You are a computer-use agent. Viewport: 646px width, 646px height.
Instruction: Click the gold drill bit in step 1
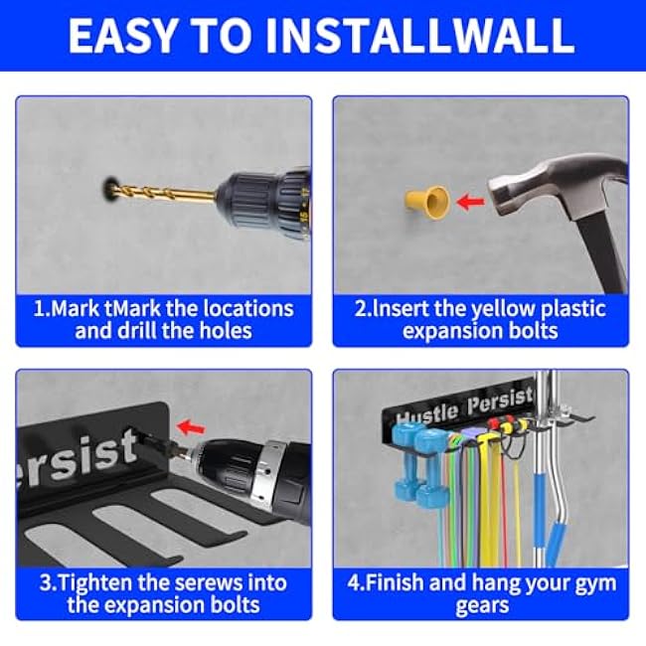click(x=159, y=190)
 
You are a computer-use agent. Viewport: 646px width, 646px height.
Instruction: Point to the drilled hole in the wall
click(x=106, y=186)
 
